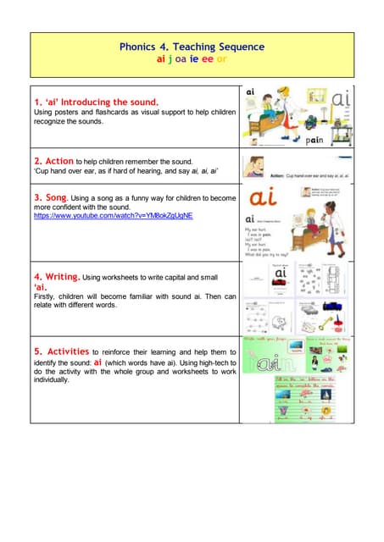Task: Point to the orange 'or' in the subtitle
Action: pyautogui.click(x=221, y=60)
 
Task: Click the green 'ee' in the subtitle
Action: pyautogui.click(x=207, y=60)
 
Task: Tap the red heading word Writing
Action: pyautogui.click(x=63, y=276)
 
